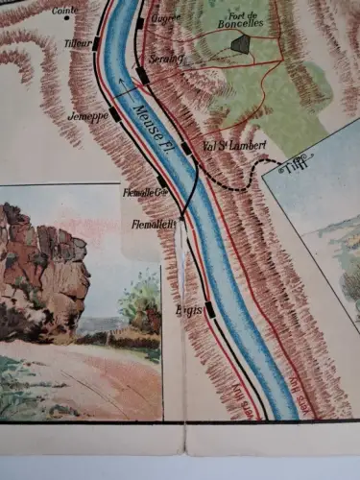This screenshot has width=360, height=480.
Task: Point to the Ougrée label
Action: click(x=167, y=17)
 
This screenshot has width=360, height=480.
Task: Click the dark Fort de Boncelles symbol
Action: click(x=239, y=43)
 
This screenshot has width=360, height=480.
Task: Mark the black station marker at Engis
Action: click(x=209, y=309)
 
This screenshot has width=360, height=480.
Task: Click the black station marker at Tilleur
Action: click(x=97, y=43)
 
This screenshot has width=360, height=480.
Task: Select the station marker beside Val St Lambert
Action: click(x=186, y=149)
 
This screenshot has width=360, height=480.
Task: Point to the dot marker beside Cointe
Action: click(x=66, y=18)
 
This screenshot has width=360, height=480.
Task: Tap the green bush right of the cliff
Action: click(x=141, y=302)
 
